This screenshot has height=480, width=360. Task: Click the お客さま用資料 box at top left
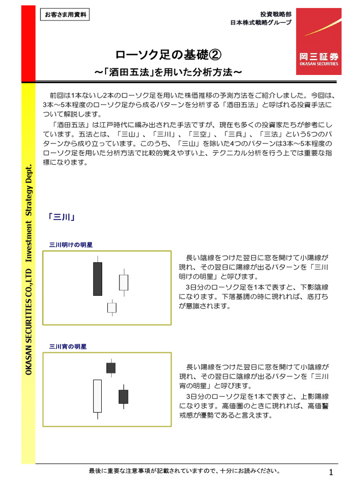65,15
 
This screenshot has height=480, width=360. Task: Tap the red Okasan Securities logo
318,41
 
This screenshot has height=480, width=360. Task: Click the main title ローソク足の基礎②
168,55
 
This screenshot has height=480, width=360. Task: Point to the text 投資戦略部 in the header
276,14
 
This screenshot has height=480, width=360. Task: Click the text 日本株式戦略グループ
261,22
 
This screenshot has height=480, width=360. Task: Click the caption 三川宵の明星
68,346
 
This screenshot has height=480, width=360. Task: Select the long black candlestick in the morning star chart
97,278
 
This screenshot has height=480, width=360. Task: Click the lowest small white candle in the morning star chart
112,307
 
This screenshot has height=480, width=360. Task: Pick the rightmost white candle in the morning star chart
123,282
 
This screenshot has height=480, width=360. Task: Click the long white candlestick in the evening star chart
97,396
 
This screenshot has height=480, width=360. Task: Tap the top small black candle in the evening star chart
111,368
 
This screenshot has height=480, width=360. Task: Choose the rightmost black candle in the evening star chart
123,397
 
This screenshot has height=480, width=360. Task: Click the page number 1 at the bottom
331,472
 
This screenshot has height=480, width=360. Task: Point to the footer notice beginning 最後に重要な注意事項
185,471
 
